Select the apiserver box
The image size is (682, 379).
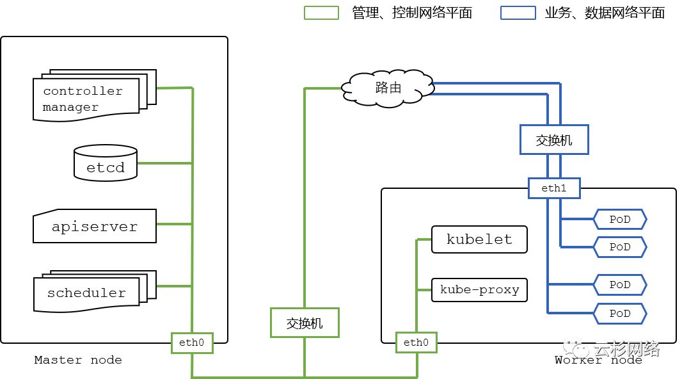(x=95, y=226)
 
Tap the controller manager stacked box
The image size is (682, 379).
(x=87, y=99)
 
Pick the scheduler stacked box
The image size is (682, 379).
(x=87, y=293)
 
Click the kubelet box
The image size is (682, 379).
(x=479, y=239)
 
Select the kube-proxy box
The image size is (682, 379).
(x=479, y=290)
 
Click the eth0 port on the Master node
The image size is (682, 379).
(x=192, y=343)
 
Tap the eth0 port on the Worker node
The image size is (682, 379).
(x=416, y=343)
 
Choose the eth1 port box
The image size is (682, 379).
(x=554, y=188)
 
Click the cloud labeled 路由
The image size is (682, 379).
(x=388, y=88)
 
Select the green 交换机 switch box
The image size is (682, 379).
(x=305, y=323)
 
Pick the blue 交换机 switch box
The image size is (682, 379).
(x=553, y=140)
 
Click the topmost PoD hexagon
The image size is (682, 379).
(x=620, y=220)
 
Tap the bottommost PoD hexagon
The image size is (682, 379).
(x=620, y=314)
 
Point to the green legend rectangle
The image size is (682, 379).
(x=321, y=13)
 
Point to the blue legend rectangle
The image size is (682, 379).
(x=518, y=13)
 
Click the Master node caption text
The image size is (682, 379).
(x=78, y=360)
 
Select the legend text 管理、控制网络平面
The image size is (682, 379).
(x=412, y=13)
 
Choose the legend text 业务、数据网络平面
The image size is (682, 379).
(x=605, y=13)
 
